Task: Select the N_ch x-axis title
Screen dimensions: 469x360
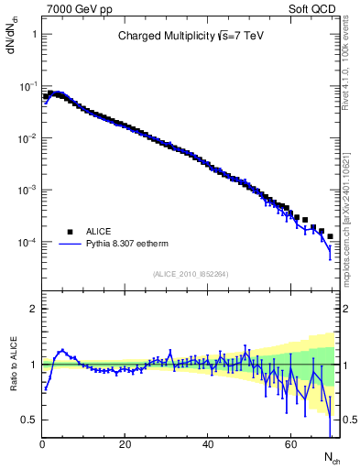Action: coord(331,455)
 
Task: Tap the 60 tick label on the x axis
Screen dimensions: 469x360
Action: coord(290,444)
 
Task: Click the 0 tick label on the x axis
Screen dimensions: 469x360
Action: coord(42,444)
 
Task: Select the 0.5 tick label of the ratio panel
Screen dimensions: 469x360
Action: coord(29,420)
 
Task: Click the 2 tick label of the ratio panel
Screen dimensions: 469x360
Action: coord(33,309)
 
